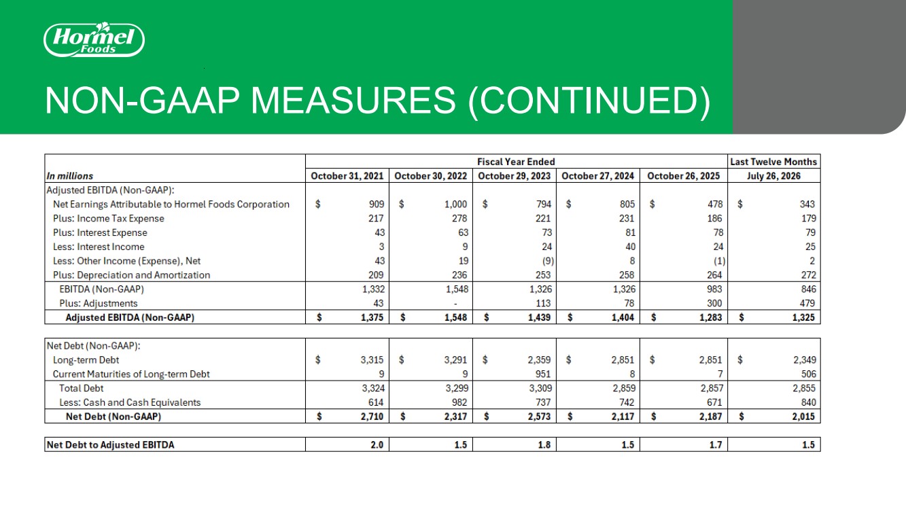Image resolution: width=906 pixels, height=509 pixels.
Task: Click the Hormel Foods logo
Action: pos(94,39)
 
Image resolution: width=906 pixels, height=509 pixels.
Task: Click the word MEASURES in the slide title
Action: pos(353,101)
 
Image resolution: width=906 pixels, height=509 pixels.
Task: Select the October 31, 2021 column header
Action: pos(347,176)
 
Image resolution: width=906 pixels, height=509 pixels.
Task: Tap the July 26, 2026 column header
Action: pos(773,176)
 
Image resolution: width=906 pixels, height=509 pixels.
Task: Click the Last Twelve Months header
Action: pos(773,162)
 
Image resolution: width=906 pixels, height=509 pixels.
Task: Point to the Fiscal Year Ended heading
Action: pos(516,162)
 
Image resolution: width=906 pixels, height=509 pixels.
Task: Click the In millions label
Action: pos(69,176)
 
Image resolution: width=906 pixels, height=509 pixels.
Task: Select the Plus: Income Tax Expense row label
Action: pos(108,218)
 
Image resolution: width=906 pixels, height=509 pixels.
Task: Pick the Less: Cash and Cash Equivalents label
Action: pos(130,402)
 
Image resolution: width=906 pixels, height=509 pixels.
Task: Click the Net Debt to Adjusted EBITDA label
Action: pos(110,444)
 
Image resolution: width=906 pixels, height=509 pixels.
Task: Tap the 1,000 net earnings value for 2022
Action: pos(456,204)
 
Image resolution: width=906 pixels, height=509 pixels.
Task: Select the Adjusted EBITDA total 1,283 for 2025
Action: pos(711,317)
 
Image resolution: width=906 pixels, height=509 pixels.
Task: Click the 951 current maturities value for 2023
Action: pos(543,374)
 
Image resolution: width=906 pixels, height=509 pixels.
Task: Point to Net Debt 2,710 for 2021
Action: pos(372,417)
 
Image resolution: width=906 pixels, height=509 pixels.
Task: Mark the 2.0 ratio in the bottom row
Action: pos(377,444)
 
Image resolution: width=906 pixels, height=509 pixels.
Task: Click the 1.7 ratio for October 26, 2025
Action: pos(716,444)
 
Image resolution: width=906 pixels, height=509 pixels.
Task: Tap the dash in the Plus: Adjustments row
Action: pos(455,304)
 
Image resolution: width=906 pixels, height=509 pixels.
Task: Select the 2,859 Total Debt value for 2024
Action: pos(624,388)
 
